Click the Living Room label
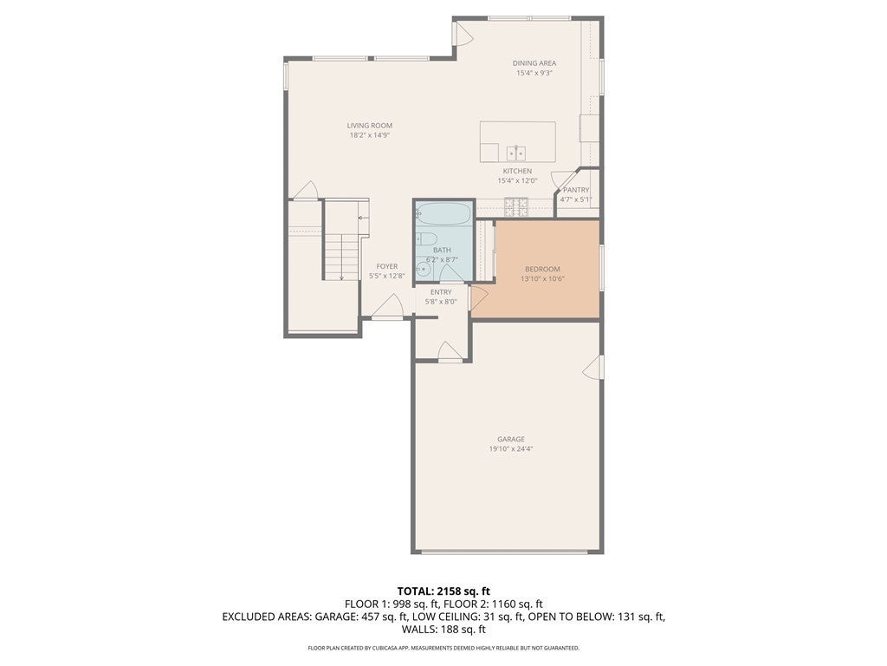[369, 126]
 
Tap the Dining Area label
[534, 63]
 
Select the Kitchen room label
[517, 171]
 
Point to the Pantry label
[576, 190]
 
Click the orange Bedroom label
[542, 269]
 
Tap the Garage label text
[511, 439]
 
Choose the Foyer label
[387, 266]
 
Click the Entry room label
[441, 292]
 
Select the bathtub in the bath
[443, 215]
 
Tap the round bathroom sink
[423, 270]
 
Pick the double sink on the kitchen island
[516, 153]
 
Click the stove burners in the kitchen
[516, 206]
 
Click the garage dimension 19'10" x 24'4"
[511, 449]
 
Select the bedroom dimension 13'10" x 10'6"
[542, 278]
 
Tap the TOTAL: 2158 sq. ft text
[443, 591]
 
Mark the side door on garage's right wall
[592, 367]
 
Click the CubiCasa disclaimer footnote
[443, 648]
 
